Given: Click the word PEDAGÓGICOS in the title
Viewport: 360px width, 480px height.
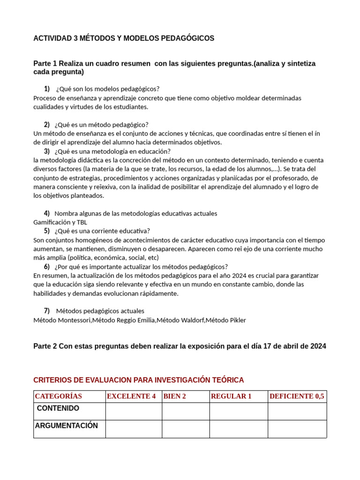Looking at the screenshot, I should (187, 38).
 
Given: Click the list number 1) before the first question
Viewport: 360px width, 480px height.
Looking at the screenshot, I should (47, 89).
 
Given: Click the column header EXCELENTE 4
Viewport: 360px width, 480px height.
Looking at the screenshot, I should (131, 397).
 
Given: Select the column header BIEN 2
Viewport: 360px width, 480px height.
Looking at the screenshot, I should (175, 397).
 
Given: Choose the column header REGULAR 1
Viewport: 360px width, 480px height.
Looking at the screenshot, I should (231, 397).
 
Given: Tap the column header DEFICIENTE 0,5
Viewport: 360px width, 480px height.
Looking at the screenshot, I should (297, 397).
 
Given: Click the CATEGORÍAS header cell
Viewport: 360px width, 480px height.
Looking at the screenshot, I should (59, 397).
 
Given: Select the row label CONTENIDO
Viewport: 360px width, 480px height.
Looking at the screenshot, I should (58, 409).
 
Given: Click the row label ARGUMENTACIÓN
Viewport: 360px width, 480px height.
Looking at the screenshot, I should (67, 426).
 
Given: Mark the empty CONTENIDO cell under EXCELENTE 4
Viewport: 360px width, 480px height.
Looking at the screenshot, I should (134, 412).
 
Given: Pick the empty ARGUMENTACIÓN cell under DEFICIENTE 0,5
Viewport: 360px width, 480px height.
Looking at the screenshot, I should (297, 429).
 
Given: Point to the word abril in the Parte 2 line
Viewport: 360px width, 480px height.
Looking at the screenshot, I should (270, 346).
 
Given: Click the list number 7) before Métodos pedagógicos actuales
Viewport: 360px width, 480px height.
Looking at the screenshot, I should (47, 311).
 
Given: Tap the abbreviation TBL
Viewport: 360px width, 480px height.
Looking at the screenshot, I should (82, 222).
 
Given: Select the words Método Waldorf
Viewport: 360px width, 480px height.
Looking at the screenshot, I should (180, 320).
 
